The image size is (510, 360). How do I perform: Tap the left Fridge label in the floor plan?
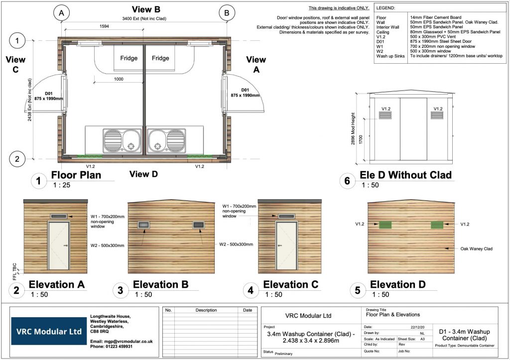(128, 58)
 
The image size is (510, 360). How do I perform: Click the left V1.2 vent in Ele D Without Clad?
(385, 116)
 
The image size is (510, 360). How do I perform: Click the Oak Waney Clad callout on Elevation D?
(477, 248)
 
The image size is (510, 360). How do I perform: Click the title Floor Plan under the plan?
(76, 175)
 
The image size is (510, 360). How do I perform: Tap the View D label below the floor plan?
(143, 174)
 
